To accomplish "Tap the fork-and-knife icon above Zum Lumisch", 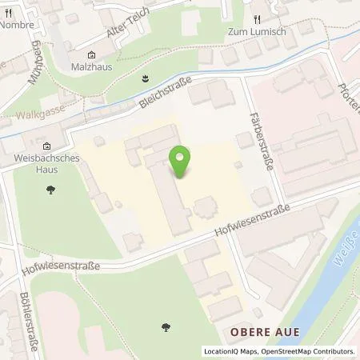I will (257, 18).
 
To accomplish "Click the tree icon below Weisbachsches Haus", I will (52, 190).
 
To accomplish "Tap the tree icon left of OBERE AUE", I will (167, 326).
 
